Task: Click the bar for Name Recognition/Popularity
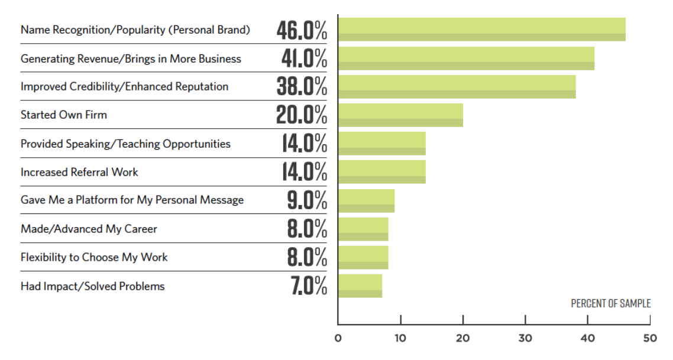click(481, 30)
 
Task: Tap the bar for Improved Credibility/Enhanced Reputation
click(457, 86)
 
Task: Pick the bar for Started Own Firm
click(400, 115)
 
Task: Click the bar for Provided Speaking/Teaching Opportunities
click(381, 143)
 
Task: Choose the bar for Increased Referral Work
click(381, 171)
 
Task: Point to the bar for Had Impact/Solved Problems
click(360, 286)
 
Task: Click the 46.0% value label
click(302, 31)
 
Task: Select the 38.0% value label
click(302, 87)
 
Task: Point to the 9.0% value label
click(307, 200)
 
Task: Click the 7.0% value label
click(308, 287)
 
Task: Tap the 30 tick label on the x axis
click(525, 338)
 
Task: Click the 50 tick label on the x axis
click(649, 338)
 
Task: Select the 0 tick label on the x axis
click(338, 338)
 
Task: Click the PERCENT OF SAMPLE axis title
click(610, 304)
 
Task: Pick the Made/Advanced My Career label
click(89, 229)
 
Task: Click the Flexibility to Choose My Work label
click(94, 257)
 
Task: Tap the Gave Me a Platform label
click(132, 200)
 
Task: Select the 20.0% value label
click(302, 115)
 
